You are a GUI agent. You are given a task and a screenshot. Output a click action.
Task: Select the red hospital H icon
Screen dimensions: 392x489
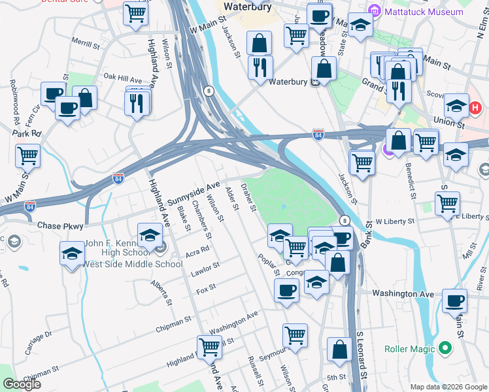pyautogui.click(x=475, y=106)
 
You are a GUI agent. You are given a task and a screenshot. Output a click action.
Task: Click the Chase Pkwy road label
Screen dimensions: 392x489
pyautogui.click(x=60, y=225)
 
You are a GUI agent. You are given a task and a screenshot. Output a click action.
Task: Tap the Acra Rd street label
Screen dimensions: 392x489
pyautogui.click(x=197, y=249)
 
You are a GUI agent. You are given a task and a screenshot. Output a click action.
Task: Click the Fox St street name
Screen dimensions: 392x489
pyautogui.click(x=206, y=287)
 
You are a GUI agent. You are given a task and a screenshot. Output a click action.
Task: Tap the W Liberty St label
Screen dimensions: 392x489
pyautogui.click(x=392, y=222)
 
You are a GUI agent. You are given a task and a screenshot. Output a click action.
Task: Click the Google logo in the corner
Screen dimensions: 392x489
pyautogui.click(x=22, y=384)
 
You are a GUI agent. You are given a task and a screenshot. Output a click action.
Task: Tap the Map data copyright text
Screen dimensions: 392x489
pyautogui.click(x=448, y=387)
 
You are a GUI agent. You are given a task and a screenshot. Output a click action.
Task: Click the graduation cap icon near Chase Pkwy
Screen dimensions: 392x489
pyautogui.click(x=150, y=235)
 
